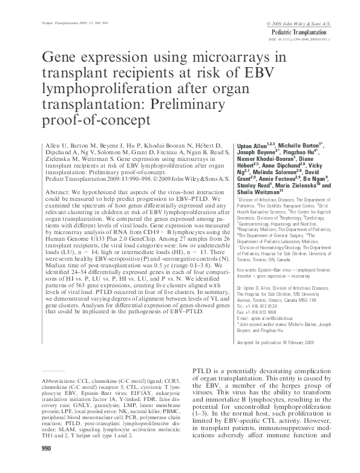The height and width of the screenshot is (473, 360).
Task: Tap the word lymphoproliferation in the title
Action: tap(100, 88)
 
